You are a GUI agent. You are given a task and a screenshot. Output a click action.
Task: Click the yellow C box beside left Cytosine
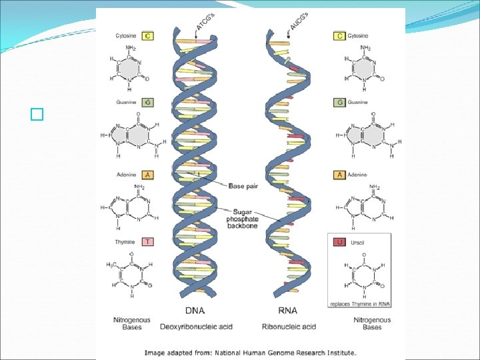tap(146, 35)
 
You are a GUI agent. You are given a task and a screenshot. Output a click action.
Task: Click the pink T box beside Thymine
tap(146, 243)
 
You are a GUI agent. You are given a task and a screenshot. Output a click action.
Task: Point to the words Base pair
tap(243, 186)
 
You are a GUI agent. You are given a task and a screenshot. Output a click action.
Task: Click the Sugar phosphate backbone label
tap(245, 216)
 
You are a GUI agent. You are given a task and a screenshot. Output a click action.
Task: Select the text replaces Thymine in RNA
tap(359, 303)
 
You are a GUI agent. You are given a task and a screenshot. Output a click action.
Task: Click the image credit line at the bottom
tap(251, 352)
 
